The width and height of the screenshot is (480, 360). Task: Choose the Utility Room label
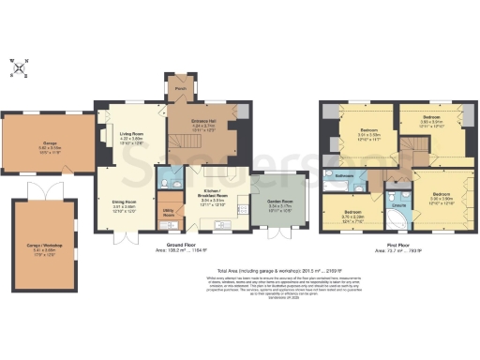(x=170, y=214)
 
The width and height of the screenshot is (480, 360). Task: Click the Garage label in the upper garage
(x=50, y=143)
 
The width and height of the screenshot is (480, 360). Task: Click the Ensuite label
(x=397, y=204)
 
